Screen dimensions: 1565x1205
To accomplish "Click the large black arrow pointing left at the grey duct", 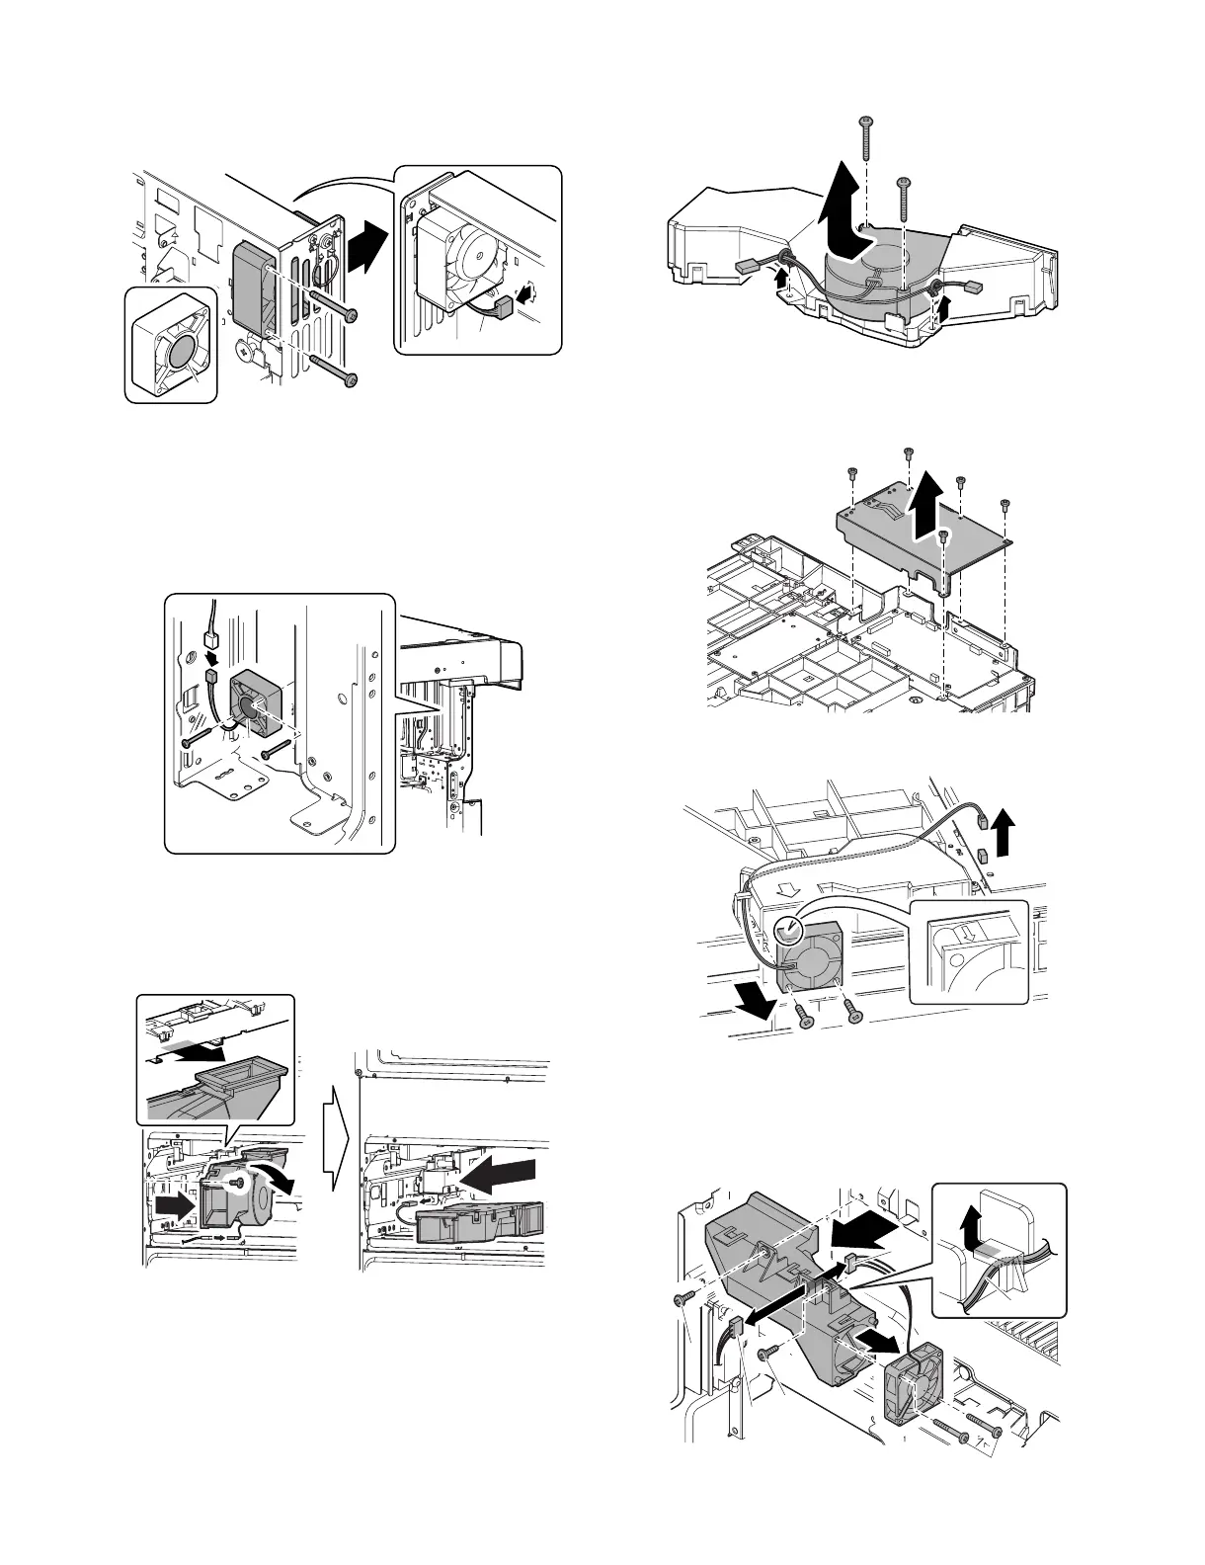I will click(x=865, y=1230).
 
